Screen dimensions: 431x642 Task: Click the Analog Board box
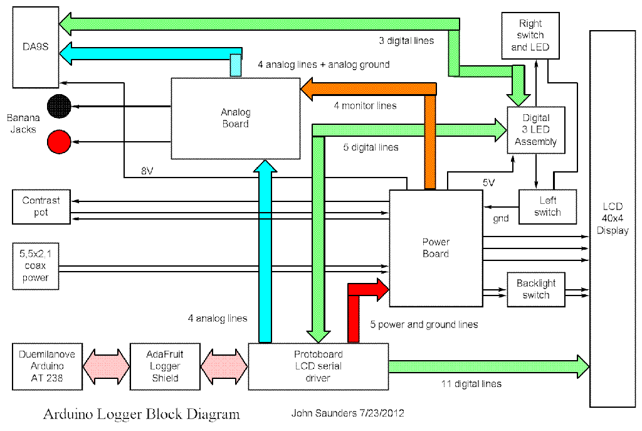tap(235, 119)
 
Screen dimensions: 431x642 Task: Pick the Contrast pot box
tap(41, 207)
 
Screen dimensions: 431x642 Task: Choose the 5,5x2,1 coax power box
tap(36, 265)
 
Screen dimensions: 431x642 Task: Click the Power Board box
tap(436, 248)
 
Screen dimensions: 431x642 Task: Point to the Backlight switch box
tap(535, 289)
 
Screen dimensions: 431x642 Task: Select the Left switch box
tap(547, 206)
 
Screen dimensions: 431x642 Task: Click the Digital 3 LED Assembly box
tap(536, 130)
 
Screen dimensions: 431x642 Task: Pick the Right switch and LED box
tap(527, 35)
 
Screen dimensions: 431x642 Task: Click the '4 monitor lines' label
tap(365, 105)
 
